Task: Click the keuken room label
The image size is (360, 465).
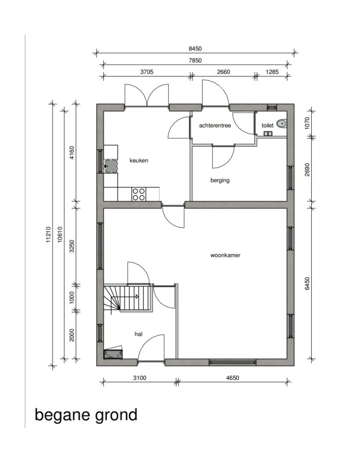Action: tap(139, 160)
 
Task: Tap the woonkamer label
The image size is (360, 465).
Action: tap(225, 255)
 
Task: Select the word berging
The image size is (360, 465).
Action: tap(220, 180)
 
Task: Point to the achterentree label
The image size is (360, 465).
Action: tap(215, 125)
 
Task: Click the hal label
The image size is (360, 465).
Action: tap(139, 334)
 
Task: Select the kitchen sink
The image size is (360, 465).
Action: tap(110, 166)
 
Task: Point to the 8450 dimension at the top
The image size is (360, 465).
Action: tap(195, 49)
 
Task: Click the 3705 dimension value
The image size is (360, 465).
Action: tap(146, 72)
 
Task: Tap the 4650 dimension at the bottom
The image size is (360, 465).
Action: tap(232, 378)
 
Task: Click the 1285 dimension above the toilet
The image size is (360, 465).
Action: tap(272, 72)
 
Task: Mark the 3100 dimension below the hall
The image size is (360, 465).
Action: tap(139, 378)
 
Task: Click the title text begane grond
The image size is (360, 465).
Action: tap(86, 415)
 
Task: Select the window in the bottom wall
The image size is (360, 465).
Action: tap(232, 362)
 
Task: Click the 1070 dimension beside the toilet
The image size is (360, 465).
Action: tap(307, 123)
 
